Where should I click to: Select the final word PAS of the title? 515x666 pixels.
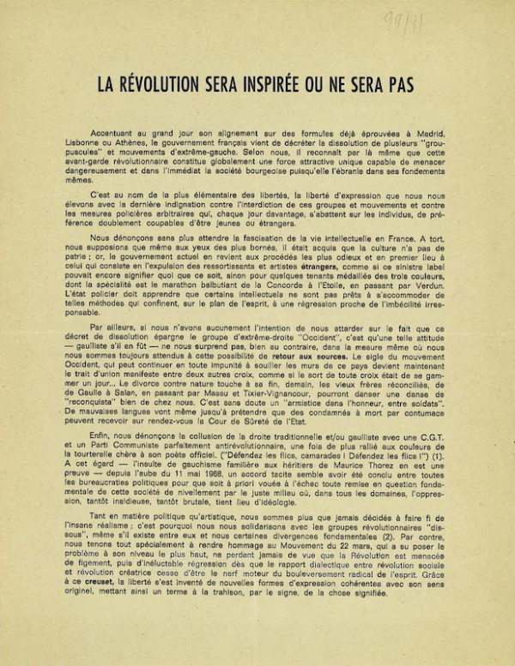(x=398, y=85)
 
